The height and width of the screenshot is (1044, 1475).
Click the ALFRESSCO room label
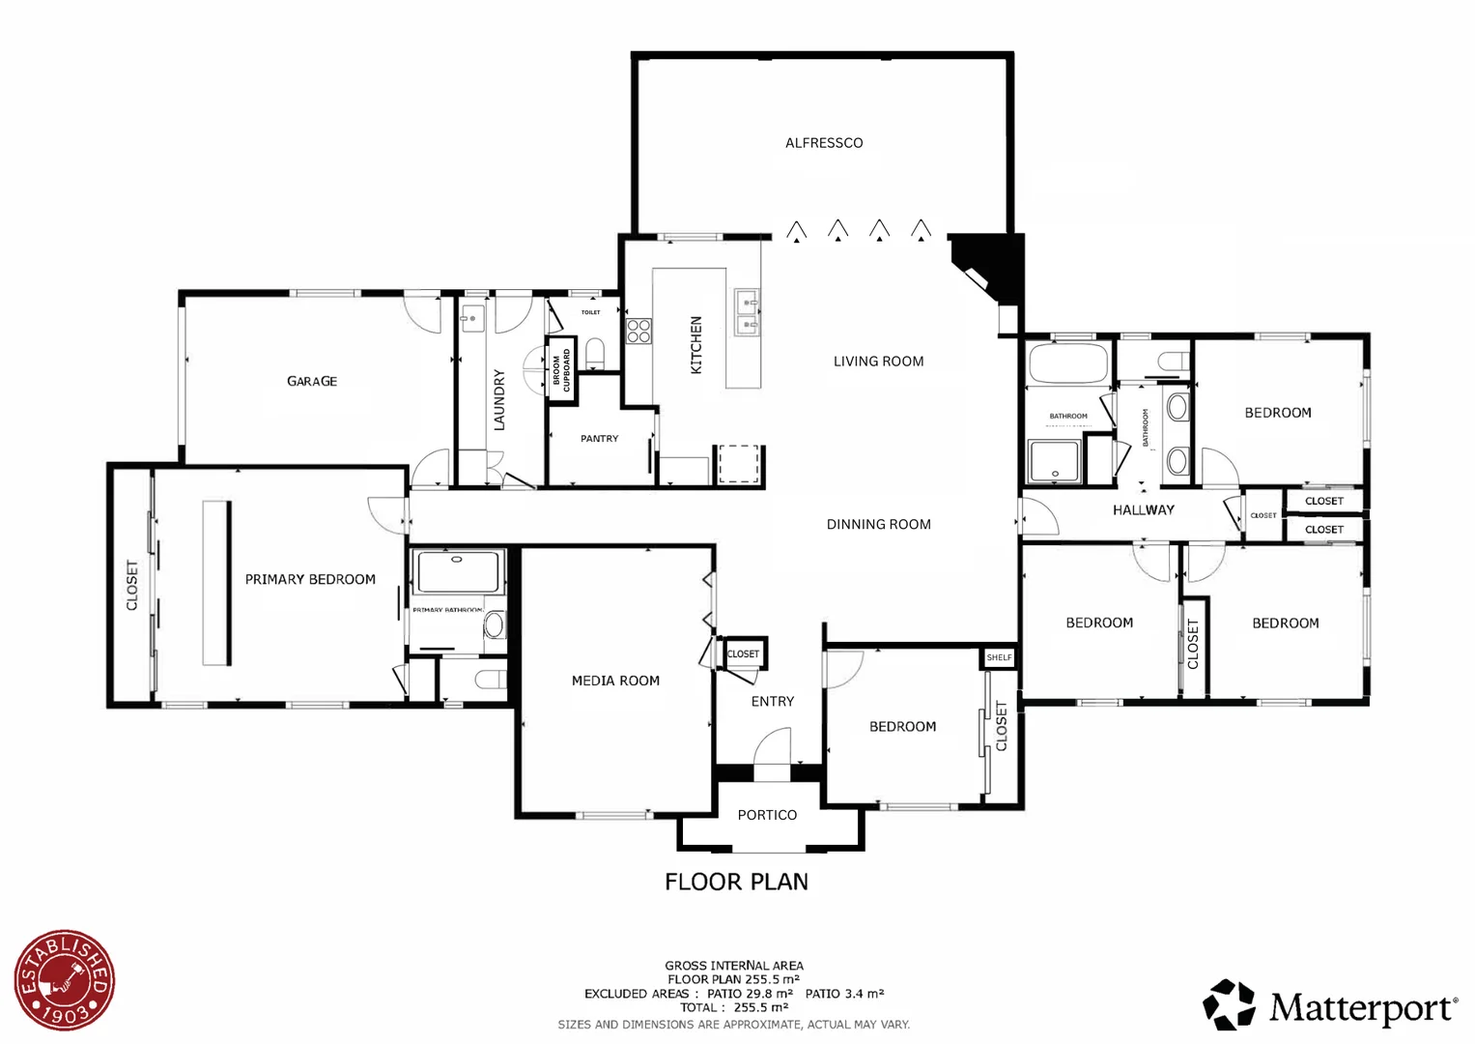[x=823, y=143]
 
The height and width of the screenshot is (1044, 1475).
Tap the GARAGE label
[x=312, y=382]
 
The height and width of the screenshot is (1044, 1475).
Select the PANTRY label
[x=599, y=439]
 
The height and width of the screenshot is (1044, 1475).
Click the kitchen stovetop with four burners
[x=638, y=332]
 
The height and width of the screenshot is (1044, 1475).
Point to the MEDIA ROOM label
[x=615, y=681]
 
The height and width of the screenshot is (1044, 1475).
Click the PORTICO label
[x=767, y=815]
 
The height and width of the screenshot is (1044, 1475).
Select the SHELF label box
[x=999, y=657]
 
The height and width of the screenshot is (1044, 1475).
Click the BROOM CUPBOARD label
[x=561, y=369]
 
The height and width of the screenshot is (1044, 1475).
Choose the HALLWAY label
[x=1143, y=509]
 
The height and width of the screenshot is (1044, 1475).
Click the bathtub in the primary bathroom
[x=458, y=571]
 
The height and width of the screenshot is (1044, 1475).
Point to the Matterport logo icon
[x=1229, y=1005]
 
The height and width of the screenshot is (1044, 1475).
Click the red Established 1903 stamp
[x=65, y=980]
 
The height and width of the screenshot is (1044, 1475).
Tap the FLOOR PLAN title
[x=736, y=882]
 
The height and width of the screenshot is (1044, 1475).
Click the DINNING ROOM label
[x=878, y=524]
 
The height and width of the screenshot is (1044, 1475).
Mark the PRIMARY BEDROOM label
[x=310, y=579]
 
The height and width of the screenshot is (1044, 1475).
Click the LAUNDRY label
[x=499, y=399]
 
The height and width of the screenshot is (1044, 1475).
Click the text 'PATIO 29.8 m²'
[x=750, y=993]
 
